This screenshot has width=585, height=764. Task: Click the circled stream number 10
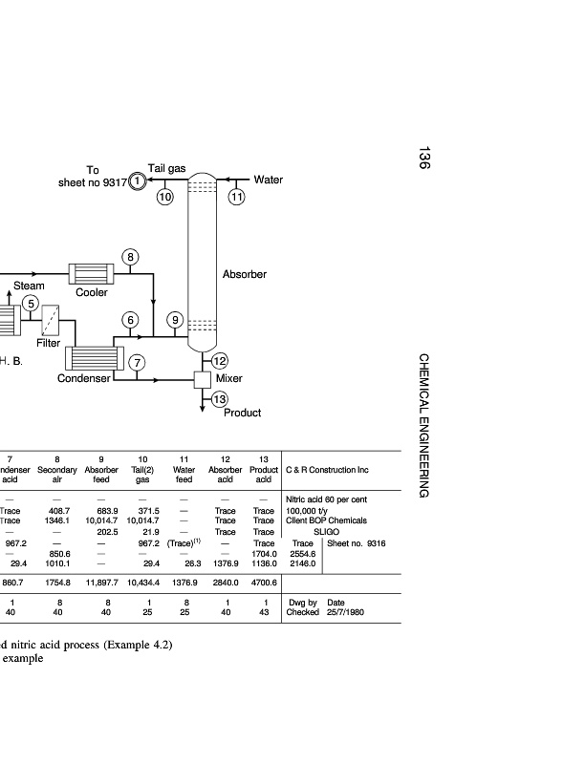164,197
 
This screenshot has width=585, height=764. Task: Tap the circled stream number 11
236,197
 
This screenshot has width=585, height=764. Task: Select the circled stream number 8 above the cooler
131,257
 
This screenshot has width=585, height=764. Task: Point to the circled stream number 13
220,398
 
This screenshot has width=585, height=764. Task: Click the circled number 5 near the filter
31,304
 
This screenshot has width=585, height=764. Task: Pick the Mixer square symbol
202,379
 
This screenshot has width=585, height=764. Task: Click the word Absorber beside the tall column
246,274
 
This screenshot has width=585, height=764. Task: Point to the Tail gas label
166,168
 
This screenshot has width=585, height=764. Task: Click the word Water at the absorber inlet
268,180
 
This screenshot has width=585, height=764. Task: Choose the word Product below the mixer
242,413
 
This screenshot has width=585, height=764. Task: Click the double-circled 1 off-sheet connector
138,180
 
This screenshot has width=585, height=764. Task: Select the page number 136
422,159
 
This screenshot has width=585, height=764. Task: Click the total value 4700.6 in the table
263,582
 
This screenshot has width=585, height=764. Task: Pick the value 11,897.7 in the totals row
101,582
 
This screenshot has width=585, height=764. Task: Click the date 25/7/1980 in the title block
348,612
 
